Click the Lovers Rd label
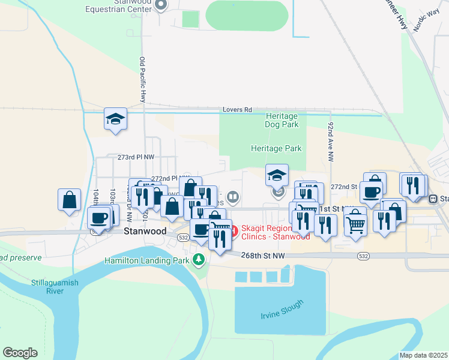coord(237,110)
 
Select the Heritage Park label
coord(276,148)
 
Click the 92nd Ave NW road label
coord(331,142)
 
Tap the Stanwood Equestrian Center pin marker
coord(161,5)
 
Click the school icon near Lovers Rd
coord(115,118)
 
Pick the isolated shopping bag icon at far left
coord(70,199)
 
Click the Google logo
coord(20,353)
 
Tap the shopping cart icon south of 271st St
coord(355,224)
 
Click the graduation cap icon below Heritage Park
coord(277,175)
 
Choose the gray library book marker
coord(232,196)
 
